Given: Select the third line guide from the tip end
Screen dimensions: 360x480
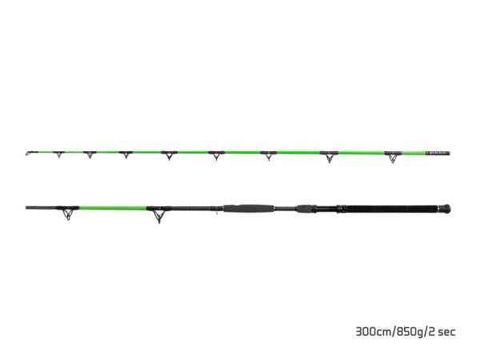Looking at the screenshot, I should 126,154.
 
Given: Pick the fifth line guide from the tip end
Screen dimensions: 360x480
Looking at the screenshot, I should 214,156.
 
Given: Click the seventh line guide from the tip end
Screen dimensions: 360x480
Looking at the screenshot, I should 328,158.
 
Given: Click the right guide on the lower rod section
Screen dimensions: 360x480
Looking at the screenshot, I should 160,215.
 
